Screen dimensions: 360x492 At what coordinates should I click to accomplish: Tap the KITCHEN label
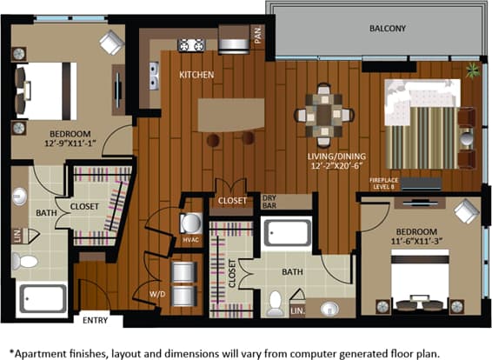click(196, 75)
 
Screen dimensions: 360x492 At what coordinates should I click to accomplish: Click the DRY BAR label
click(270, 202)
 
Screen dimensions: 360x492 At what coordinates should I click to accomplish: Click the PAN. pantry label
click(257, 35)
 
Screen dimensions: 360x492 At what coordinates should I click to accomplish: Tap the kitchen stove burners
click(192, 43)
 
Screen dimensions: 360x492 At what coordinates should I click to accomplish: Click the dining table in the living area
click(324, 114)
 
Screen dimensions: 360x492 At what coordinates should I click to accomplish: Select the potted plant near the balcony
click(472, 70)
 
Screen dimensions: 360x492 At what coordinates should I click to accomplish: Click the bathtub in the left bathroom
click(42, 300)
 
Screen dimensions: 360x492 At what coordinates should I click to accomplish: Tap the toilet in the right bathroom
click(276, 302)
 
